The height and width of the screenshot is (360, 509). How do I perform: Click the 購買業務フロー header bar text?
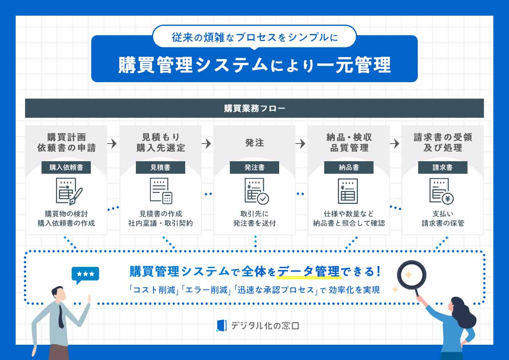[x=254, y=108]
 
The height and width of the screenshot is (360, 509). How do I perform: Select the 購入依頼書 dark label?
[x=66, y=167]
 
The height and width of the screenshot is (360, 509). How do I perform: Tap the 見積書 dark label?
[x=160, y=167]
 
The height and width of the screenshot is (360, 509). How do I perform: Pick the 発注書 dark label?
[x=254, y=167]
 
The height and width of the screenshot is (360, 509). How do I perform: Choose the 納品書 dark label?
[x=348, y=167]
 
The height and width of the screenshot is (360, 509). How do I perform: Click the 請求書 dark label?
[x=442, y=167]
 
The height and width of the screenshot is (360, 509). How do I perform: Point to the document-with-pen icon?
[x=69, y=191]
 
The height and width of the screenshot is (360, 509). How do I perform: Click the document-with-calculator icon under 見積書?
[x=161, y=191]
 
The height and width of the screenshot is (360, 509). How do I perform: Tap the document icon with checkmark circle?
[x=256, y=191]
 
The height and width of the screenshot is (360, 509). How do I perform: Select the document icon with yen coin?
[x=441, y=191]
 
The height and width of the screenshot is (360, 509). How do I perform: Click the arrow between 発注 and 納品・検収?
[x=300, y=144]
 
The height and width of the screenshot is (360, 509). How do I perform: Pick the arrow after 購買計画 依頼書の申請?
[x=112, y=144]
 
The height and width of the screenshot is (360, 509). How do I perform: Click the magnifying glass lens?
[x=411, y=274]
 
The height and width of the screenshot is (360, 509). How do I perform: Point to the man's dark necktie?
[x=61, y=315]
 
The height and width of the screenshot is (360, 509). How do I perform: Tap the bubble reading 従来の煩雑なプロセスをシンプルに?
[x=254, y=37]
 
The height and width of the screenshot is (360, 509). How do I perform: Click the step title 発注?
[x=254, y=143]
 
